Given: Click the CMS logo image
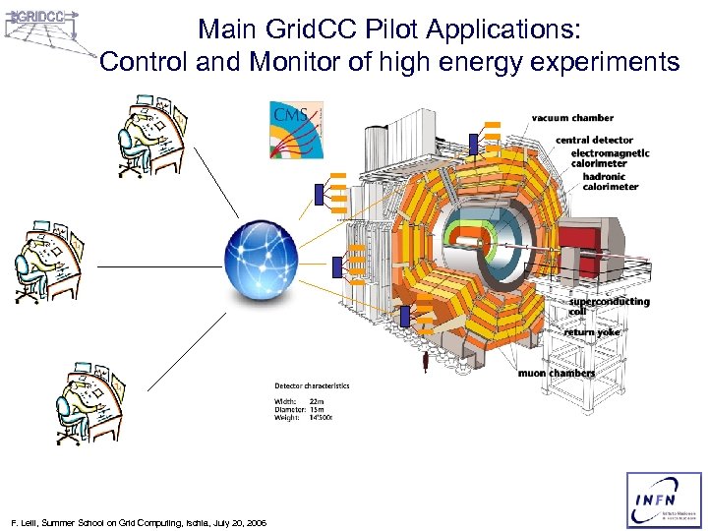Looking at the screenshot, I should (296, 129).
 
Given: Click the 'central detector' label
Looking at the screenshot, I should (594, 141).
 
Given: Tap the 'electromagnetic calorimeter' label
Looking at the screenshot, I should (616, 158).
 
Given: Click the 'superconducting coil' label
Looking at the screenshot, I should (609, 306).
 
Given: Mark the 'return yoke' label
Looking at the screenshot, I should (592, 332).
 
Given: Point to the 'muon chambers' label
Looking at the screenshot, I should (557, 374).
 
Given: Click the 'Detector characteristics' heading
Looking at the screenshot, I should (311, 385).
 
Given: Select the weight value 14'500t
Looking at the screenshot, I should (324, 419).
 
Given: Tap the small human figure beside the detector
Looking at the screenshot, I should (425, 361).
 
